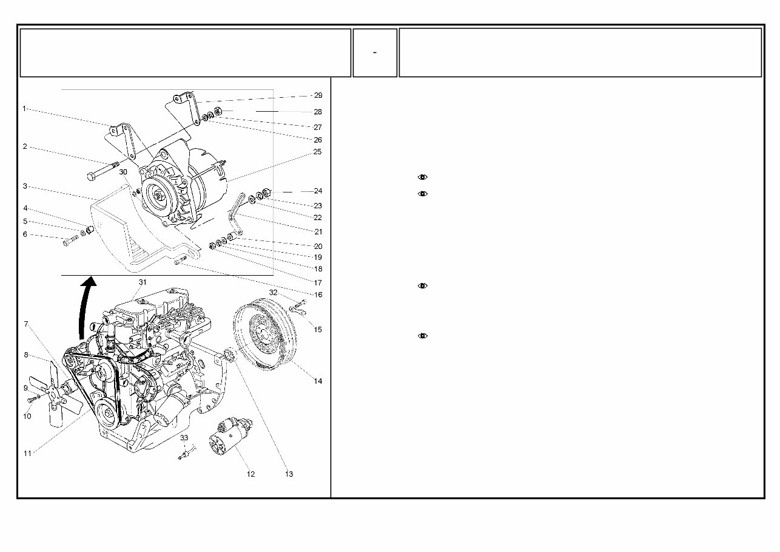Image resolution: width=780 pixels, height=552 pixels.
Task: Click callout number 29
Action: [318, 95]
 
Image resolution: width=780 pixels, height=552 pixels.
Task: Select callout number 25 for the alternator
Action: [317, 152]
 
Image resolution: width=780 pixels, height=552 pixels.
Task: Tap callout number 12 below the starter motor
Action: [250, 474]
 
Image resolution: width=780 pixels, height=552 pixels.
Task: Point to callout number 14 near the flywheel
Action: [318, 381]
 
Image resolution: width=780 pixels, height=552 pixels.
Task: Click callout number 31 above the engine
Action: [143, 282]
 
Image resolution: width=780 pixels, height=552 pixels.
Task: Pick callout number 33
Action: [184, 438]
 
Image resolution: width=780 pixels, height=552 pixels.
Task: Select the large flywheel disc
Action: [265, 333]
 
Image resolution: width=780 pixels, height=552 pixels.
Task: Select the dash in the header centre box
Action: [375, 53]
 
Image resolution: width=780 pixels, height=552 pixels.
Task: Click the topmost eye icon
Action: [423, 177]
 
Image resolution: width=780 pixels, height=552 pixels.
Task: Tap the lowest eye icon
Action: [423, 336]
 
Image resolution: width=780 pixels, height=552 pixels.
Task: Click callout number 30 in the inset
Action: [123, 172]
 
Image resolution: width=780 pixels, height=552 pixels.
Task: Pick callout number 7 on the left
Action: [25, 324]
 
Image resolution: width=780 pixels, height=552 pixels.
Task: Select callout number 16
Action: [318, 295]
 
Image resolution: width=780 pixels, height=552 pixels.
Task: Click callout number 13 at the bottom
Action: [289, 474]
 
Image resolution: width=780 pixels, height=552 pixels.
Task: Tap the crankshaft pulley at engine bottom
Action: [108, 414]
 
